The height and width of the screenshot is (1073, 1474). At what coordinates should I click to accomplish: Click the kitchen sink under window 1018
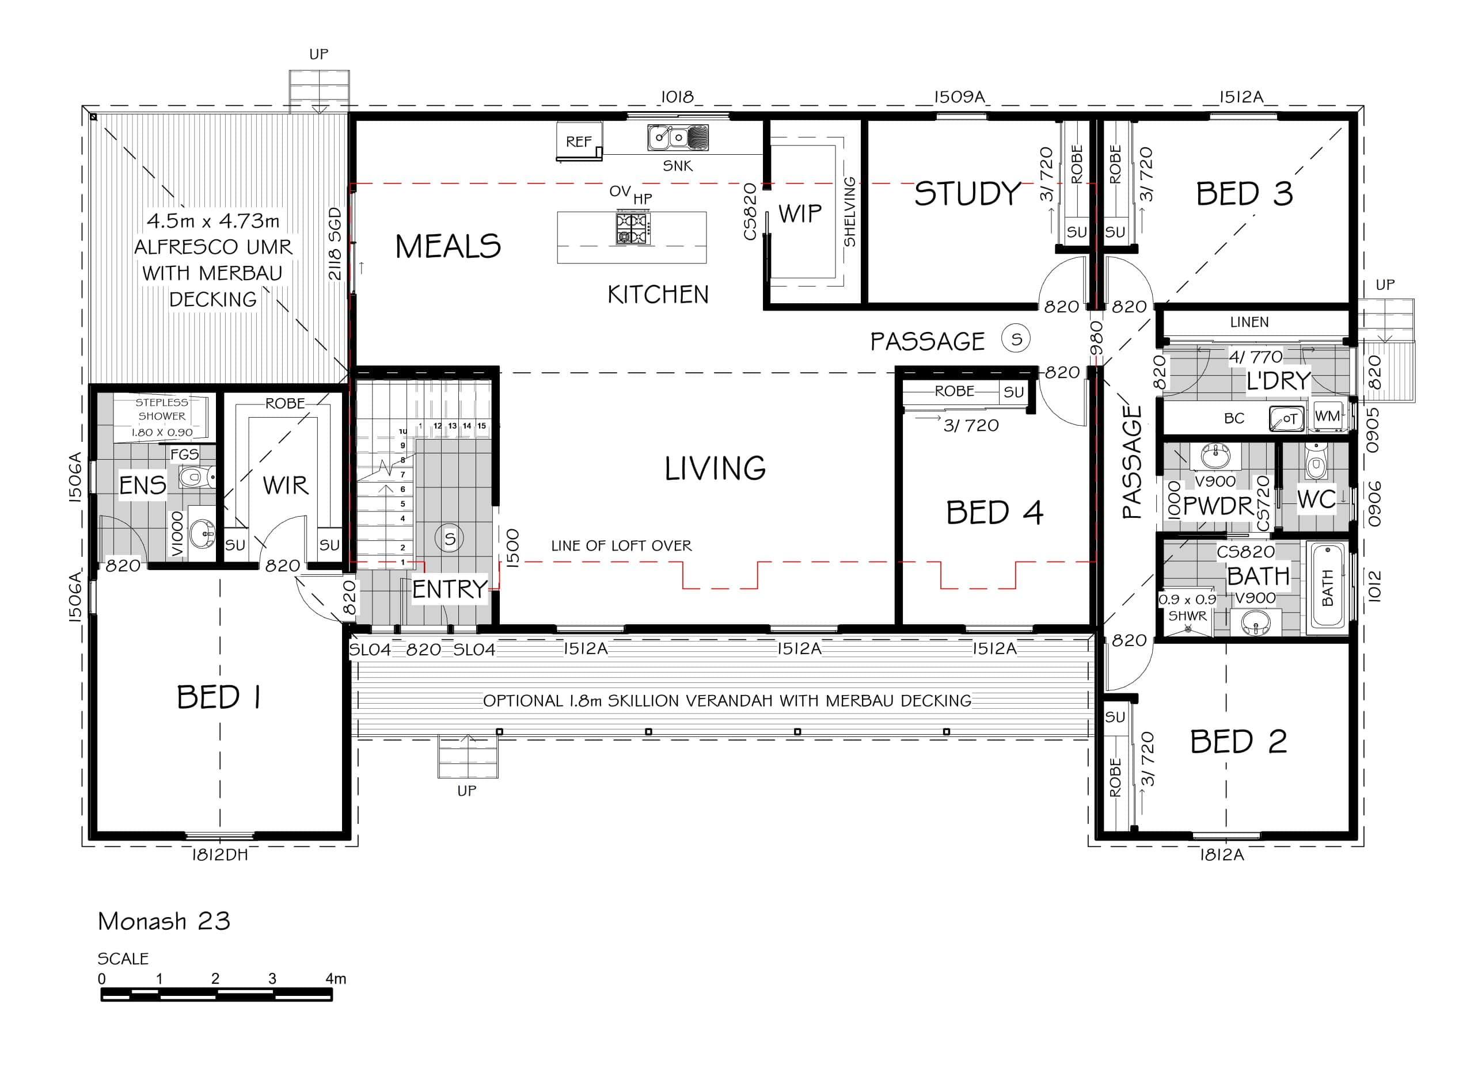click(x=678, y=138)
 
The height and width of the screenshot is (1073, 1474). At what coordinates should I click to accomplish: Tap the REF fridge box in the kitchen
click(x=579, y=141)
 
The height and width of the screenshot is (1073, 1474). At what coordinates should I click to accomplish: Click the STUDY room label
click(x=968, y=193)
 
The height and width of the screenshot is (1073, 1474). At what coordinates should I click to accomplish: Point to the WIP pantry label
click(x=800, y=213)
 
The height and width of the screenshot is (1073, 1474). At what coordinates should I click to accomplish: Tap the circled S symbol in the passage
click(x=1016, y=338)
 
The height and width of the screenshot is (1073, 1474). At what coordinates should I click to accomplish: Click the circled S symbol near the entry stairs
click(x=450, y=538)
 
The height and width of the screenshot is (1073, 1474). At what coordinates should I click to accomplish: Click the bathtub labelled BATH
click(x=1327, y=586)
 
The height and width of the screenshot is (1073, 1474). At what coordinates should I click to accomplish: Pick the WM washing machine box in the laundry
click(x=1327, y=416)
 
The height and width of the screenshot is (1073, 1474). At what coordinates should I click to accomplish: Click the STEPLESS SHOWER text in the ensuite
click(x=162, y=409)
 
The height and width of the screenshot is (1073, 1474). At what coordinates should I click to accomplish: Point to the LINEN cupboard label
click(x=1249, y=322)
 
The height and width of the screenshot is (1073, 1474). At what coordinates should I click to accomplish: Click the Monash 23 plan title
click(x=164, y=921)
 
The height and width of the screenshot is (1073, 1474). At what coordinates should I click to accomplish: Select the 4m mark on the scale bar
click(x=335, y=978)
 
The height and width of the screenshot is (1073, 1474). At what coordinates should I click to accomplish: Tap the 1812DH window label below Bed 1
click(x=220, y=855)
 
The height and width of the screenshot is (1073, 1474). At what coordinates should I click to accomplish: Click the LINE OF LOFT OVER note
click(x=621, y=545)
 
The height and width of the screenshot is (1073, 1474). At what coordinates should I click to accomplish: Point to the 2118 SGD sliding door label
click(x=335, y=243)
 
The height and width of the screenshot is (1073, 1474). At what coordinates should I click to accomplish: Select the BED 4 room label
click(x=995, y=513)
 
